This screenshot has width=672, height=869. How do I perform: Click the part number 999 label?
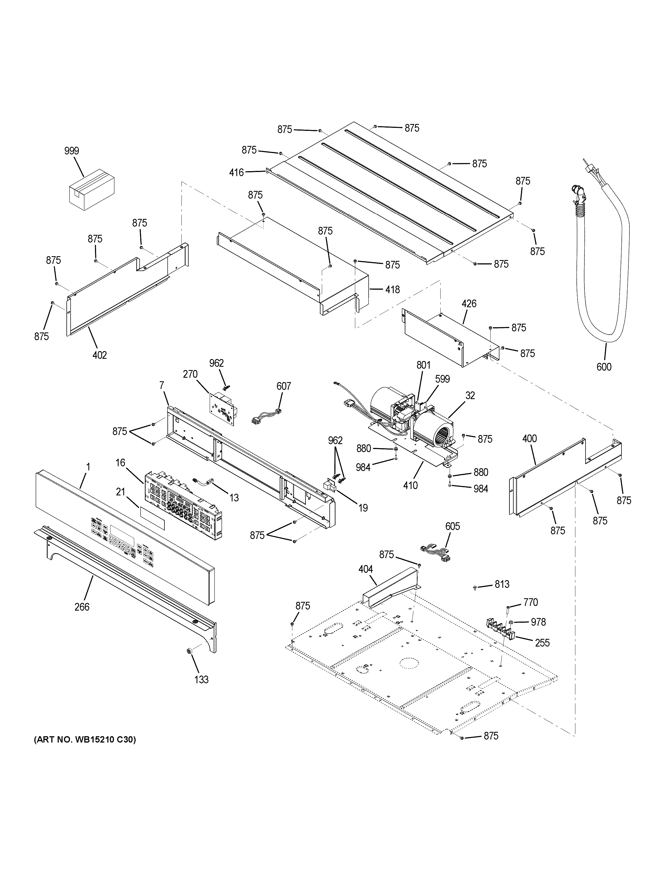72,151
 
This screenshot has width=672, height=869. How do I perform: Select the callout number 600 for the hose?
604,366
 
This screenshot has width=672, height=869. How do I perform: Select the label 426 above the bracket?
469,304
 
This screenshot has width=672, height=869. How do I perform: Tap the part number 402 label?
100,355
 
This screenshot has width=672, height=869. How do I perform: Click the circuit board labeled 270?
222,408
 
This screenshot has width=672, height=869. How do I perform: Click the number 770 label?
530,602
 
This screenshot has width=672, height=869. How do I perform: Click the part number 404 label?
365,569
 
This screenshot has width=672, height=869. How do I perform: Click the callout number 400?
530,439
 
